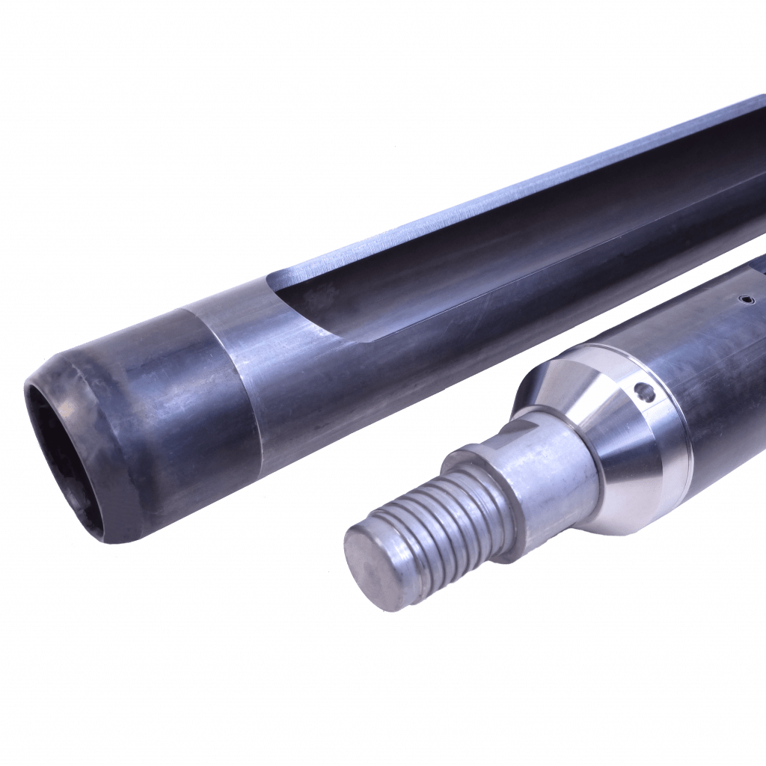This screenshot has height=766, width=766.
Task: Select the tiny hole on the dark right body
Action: [x=744, y=301]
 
